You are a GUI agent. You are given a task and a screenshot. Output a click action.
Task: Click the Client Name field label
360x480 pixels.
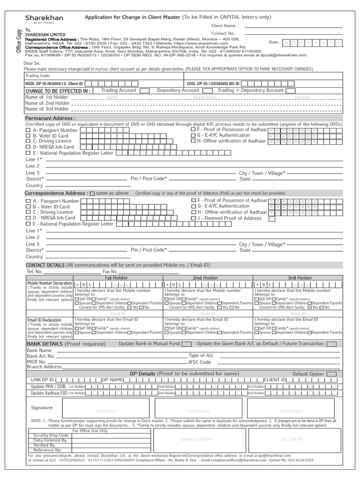224,26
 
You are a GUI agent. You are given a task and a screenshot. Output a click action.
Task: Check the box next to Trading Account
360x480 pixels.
145,90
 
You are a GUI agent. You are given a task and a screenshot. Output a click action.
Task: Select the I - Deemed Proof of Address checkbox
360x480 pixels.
194,218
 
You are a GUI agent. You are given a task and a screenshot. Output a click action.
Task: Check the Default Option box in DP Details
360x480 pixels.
331,374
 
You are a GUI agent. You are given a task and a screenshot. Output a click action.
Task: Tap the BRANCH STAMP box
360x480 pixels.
199,439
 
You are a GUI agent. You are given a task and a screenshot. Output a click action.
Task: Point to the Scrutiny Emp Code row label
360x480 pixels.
51,435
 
